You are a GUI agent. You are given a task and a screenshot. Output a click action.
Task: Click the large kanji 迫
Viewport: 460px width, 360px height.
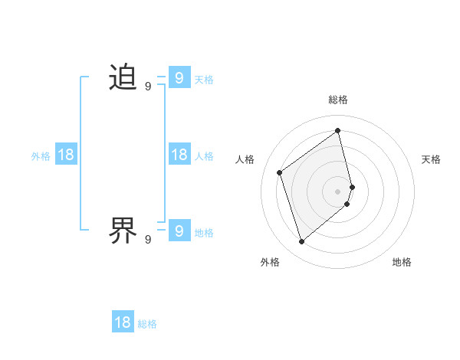(x=123, y=77)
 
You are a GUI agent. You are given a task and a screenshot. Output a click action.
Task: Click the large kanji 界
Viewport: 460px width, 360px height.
(x=123, y=229)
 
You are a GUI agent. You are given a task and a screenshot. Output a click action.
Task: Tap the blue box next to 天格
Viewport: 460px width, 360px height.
(x=179, y=77)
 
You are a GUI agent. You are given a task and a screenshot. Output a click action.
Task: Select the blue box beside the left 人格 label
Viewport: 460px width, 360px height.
(x=179, y=155)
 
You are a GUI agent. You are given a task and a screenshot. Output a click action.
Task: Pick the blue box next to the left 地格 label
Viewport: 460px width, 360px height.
(x=179, y=230)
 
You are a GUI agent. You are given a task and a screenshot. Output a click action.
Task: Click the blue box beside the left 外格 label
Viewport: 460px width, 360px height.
(x=66, y=155)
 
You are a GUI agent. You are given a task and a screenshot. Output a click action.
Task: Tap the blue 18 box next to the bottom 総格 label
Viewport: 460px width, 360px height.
(x=123, y=322)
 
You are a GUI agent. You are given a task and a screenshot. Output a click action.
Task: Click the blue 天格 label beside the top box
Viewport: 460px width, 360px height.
(x=204, y=79)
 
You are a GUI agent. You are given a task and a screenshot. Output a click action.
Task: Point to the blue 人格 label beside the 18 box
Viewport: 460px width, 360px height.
(x=204, y=156)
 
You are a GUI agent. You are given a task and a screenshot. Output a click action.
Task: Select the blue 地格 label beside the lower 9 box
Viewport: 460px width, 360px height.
(x=204, y=233)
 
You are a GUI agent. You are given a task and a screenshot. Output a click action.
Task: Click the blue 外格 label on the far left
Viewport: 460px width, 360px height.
(x=41, y=156)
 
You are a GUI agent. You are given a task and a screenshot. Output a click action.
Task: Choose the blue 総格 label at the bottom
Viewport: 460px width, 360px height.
(x=147, y=324)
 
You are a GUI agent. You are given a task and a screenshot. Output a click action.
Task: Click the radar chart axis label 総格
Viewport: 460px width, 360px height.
(x=338, y=100)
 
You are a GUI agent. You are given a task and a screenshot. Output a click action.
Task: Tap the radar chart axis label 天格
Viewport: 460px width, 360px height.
(x=431, y=159)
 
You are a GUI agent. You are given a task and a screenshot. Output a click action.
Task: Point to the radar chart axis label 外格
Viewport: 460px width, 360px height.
(x=270, y=262)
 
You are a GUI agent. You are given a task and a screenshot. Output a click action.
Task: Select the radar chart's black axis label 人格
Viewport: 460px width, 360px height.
(x=245, y=159)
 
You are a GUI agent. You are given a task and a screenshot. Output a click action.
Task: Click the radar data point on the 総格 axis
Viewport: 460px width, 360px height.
(x=338, y=130)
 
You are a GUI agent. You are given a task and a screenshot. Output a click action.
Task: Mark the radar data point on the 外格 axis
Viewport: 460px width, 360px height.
(x=301, y=242)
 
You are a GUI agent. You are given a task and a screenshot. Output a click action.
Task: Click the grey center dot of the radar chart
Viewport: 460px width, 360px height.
(x=338, y=191)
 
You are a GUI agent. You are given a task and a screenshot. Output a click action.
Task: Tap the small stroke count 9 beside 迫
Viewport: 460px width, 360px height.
(x=148, y=87)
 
